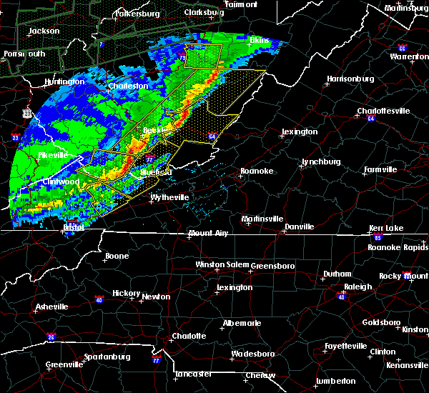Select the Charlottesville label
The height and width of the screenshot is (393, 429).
pos(384,111)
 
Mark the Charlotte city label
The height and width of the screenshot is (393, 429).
pos(189,336)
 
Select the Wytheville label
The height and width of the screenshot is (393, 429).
pos(169,197)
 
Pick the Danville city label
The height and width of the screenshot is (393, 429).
pos(299,227)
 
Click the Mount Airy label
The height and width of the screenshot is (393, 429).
pos(210,234)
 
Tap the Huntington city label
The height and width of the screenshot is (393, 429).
pos(64,82)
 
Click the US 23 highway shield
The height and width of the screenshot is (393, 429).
pos(27,113)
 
